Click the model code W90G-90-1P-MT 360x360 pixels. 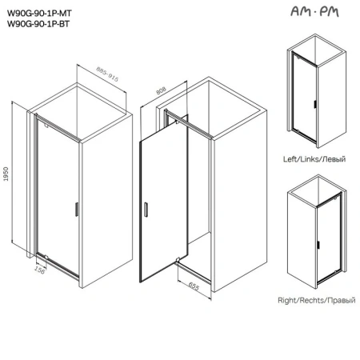click(x=39, y=13)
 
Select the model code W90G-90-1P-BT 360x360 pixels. click(x=38, y=24)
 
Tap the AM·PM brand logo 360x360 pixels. click(x=314, y=11)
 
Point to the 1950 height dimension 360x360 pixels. click(x=6, y=174)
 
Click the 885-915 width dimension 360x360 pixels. click(x=107, y=74)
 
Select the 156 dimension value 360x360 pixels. click(x=40, y=270)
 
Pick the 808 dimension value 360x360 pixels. click(x=161, y=90)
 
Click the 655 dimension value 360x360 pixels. click(x=194, y=286)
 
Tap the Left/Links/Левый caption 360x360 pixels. click(x=314, y=159)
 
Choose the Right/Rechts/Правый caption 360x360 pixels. click(x=317, y=300)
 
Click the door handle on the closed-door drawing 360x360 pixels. click(x=77, y=209)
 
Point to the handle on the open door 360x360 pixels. click(x=146, y=210)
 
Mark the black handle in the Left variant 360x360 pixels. click(x=315, y=104)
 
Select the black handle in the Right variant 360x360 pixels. click(x=318, y=245)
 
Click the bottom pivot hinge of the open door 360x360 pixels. click(x=178, y=259)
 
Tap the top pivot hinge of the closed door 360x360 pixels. click(x=46, y=124)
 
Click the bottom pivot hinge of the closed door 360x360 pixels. click(x=46, y=257)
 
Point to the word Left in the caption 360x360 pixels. click(x=290, y=159)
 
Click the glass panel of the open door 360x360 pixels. click(x=164, y=206)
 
